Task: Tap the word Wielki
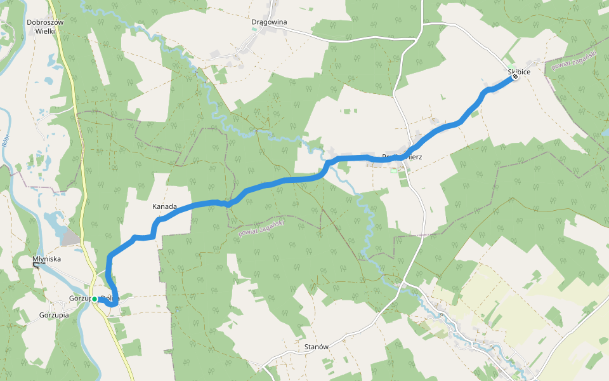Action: pos(45,30)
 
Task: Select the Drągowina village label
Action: pos(269,22)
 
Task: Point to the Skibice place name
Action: pos(519,72)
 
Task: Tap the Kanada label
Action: pos(164,206)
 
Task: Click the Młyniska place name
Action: pos(46,259)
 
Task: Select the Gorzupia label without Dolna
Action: pos(54,315)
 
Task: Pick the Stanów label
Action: pos(316,347)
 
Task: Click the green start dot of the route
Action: pos(94,299)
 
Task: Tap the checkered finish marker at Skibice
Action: pos(514,77)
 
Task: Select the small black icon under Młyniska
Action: pos(36,265)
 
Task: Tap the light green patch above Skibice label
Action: pos(511,65)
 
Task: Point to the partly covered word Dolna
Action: pos(112,297)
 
